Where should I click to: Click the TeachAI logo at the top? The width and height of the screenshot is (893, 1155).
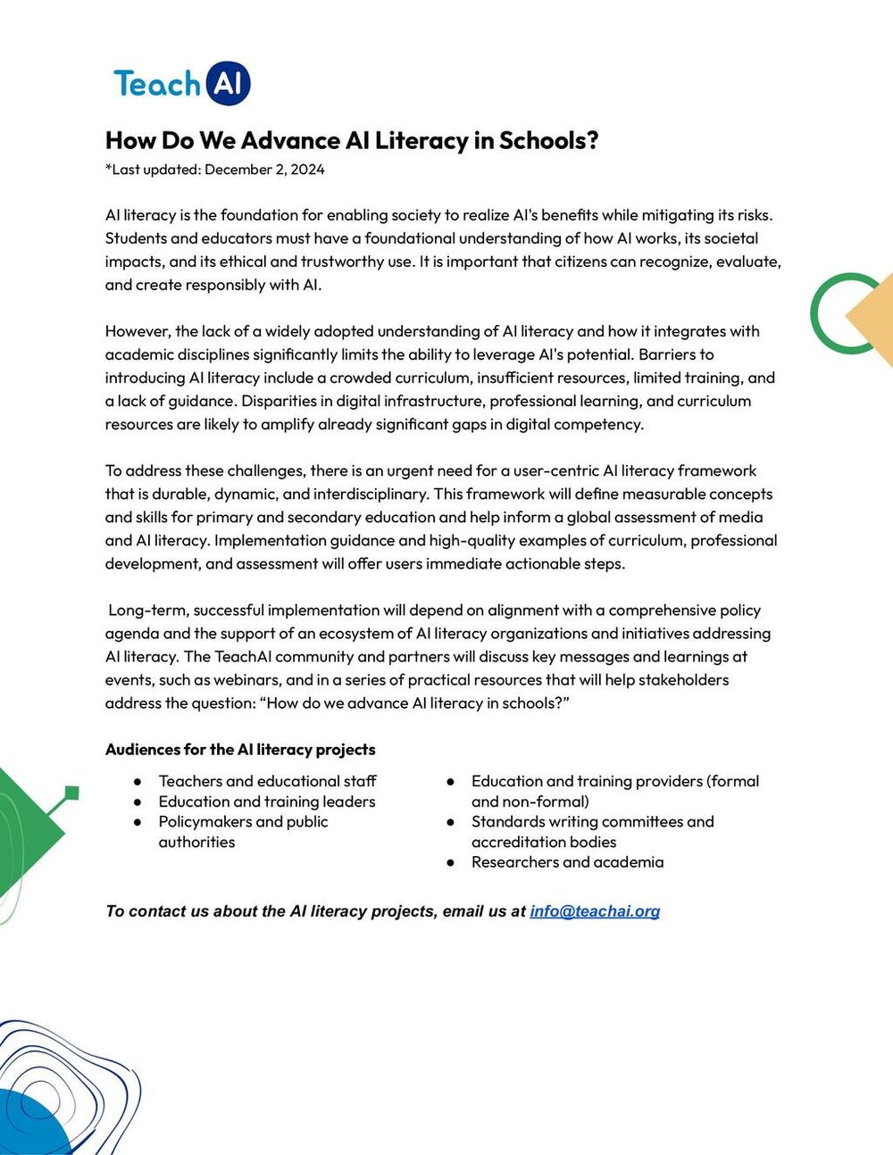[182, 84]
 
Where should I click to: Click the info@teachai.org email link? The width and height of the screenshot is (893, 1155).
[595, 911]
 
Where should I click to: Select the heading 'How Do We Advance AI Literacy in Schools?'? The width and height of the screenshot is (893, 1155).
[352, 140]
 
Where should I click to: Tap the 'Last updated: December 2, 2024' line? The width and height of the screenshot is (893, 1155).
[215, 170]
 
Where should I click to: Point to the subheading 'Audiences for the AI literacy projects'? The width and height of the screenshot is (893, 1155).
[240, 750]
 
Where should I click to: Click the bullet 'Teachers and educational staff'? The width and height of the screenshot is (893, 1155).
[267, 781]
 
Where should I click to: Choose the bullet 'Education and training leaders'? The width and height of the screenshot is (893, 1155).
[267, 802]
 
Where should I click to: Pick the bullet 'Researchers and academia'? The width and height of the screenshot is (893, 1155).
[567, 862]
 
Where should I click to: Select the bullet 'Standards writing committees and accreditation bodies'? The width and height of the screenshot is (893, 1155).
[592, 832]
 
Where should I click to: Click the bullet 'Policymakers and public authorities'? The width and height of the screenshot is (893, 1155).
[243, 832]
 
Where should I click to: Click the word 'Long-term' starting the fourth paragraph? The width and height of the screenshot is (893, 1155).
[147, 611]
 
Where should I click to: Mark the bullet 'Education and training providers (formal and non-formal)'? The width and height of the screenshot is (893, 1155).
[614, 791]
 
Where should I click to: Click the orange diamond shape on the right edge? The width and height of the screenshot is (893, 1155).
[873, 320]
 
